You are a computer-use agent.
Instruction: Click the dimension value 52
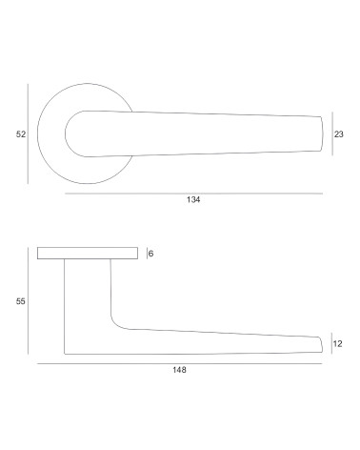point(21,134)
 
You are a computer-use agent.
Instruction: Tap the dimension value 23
point(339,134)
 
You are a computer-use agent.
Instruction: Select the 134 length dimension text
point(193,199)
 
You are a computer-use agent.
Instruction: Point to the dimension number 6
point(150,254)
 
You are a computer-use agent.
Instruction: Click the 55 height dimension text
point(21,301)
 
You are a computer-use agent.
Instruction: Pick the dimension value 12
point(338,343)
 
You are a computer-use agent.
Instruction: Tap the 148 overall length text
point(179,370)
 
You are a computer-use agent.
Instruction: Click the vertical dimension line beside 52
point(28,133)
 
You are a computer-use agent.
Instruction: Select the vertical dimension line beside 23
point(332,133)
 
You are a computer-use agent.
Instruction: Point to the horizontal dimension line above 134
point(193,194)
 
